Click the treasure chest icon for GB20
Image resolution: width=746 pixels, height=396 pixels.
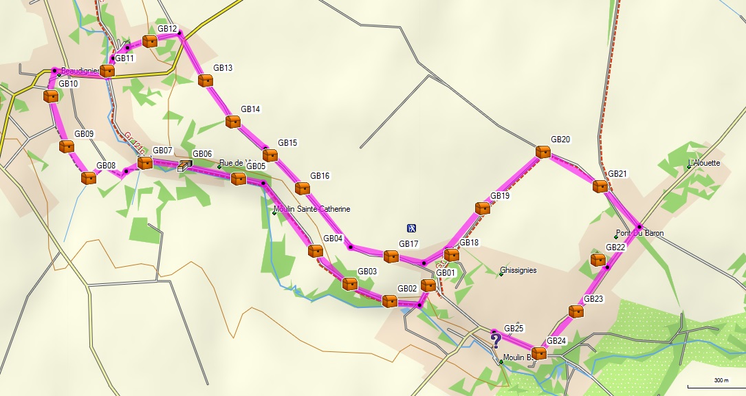543,152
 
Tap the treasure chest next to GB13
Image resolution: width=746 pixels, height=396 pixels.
205,80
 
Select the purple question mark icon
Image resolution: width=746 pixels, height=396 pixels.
495,339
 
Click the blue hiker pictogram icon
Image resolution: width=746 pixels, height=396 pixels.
411,228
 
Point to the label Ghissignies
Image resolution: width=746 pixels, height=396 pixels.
518,270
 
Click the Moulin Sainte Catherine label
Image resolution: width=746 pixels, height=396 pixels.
311,209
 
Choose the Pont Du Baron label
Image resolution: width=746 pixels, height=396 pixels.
640,233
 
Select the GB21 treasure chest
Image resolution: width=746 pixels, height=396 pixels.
600,186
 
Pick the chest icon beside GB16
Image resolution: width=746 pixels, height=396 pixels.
302,188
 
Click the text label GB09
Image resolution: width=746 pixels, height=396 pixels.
84,134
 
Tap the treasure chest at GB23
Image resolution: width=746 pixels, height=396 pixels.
576,311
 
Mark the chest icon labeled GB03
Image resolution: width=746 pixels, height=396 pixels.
350,284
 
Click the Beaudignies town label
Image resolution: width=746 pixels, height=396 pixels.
80,71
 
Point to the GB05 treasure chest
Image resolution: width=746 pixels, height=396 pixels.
238,179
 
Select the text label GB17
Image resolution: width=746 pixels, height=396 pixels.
408,244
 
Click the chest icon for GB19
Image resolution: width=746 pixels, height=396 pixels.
483,208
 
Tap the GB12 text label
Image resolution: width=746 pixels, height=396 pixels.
167,29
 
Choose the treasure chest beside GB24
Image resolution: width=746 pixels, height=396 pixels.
539,353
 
